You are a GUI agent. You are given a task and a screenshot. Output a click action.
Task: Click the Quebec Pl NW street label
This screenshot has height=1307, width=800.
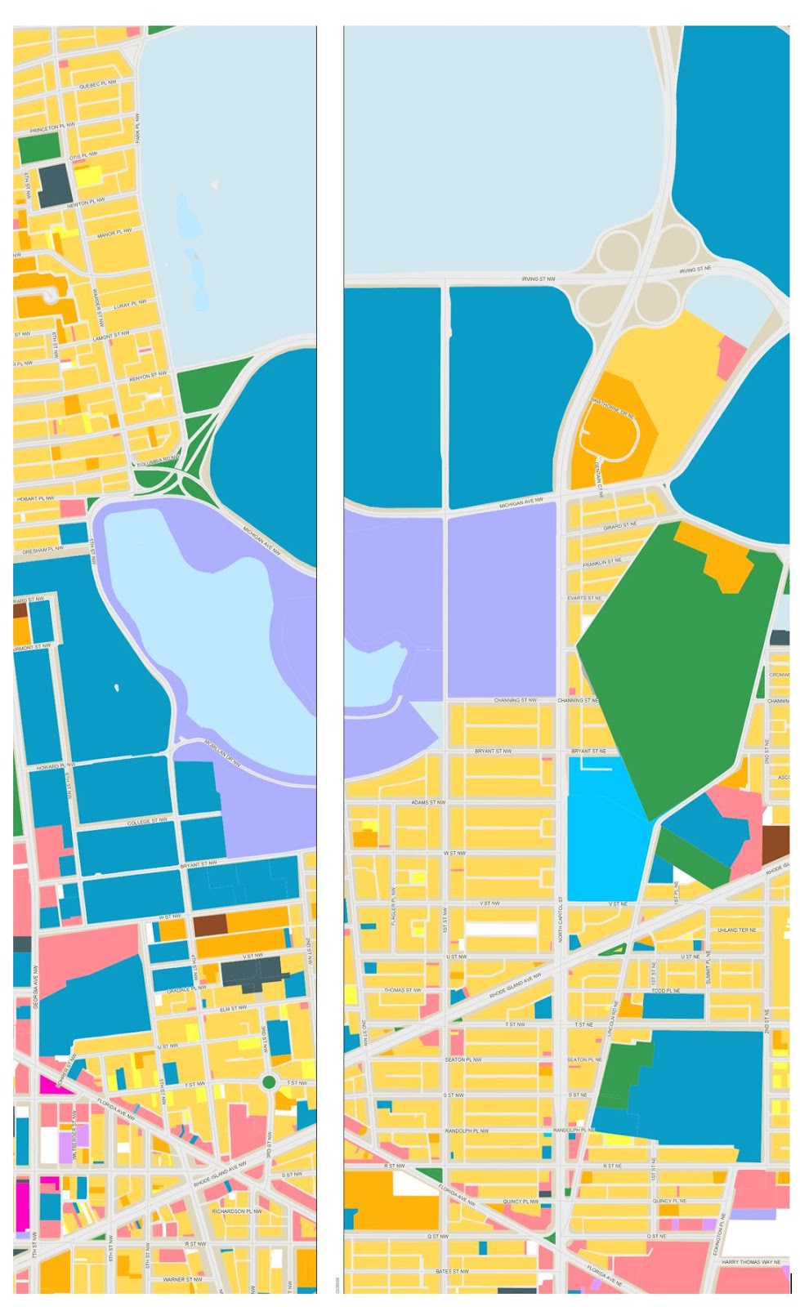(98, 83)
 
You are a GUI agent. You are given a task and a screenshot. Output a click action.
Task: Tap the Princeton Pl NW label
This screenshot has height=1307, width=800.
(52, 128)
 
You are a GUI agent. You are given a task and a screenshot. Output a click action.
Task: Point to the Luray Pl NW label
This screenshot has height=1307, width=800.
(131, 304)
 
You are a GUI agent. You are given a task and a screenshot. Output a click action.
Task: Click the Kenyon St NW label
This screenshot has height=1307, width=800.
(149, 375)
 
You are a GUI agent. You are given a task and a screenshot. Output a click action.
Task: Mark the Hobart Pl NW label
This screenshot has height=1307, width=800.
(35, 497)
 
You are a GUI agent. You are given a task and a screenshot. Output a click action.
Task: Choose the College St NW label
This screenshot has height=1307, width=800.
(147, 820)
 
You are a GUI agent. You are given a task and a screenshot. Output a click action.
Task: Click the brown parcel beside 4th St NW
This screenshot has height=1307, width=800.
(209, 925)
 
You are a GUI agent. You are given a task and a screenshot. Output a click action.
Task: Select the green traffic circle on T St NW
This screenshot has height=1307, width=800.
(269, 1082)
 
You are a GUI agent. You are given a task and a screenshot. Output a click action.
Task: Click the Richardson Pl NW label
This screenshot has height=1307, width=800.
(237, 1211)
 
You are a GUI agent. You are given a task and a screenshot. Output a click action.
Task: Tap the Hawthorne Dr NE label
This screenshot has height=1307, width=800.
(613, 408)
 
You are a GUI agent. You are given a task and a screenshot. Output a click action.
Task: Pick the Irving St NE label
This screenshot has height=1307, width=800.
(695, 269)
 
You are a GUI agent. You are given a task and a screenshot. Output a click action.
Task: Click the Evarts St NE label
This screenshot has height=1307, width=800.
(584, 598)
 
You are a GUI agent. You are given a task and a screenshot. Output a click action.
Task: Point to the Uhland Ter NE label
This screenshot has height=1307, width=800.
(736, 930)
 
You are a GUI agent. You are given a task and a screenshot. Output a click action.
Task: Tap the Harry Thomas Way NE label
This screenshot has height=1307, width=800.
(750, 1261)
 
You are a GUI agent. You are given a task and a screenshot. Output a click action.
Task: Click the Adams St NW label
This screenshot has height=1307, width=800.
(428, 802)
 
